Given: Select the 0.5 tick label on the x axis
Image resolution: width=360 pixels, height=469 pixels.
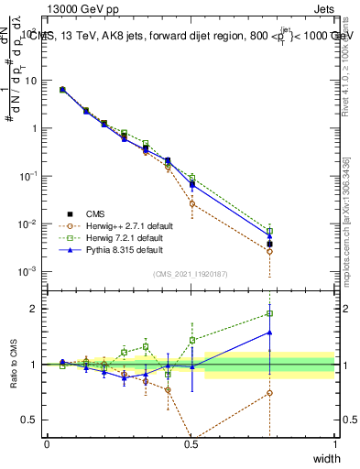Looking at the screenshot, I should coord(191,445).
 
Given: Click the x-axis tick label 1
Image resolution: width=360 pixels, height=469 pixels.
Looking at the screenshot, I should coord(334,445).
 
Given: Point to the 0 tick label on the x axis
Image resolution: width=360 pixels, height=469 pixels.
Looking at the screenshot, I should coord(48,445).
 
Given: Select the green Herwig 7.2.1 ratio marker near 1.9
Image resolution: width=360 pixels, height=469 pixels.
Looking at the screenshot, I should coord(269,313).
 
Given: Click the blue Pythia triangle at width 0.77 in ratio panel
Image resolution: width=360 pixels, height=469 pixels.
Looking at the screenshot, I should coord(269,333).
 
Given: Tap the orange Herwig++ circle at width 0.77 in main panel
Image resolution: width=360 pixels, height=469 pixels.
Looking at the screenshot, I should coord(269,251).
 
